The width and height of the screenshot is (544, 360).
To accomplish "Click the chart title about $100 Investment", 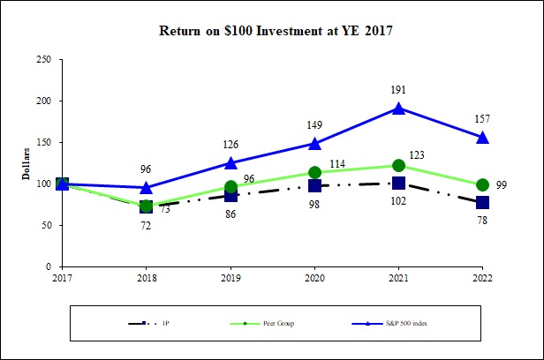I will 275,30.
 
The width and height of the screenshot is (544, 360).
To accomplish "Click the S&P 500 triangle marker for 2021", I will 398,109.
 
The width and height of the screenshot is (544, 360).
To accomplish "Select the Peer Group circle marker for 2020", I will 314,173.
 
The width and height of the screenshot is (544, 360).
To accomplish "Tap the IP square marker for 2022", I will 482,202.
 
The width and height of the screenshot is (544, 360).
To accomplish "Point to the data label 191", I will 398,90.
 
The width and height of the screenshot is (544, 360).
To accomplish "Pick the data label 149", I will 314,124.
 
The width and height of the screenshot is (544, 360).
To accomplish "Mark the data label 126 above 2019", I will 230,144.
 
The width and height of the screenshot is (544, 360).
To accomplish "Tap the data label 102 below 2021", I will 398,200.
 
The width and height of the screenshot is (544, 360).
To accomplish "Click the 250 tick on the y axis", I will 42,59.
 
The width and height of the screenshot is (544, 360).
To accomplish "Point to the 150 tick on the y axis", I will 42,142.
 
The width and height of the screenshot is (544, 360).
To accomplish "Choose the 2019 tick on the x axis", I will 230,278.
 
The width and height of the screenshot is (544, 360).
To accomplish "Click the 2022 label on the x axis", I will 482,278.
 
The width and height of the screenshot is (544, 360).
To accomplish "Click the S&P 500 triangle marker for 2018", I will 147,187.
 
